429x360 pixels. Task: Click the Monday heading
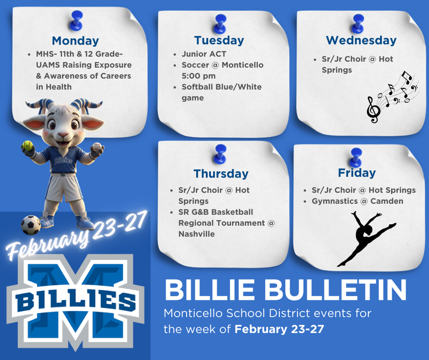pos(75,41)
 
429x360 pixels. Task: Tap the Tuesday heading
pos(219,40)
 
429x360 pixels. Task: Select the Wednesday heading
pos(361,40)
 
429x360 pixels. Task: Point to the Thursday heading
pos(221,174)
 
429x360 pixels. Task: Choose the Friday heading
pos(357,173)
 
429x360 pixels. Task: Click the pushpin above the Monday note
pos(76,19)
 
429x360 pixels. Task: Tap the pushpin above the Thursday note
pos(218,152)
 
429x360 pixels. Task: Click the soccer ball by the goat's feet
pos(31,225)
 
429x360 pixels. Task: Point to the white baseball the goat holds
pos(97,148)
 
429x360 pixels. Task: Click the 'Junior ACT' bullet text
pos(204,54)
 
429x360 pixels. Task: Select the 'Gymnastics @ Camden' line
pos(357,201)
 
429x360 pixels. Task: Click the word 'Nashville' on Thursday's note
pos(196,234)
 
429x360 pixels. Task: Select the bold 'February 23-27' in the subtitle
pos(279,329)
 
